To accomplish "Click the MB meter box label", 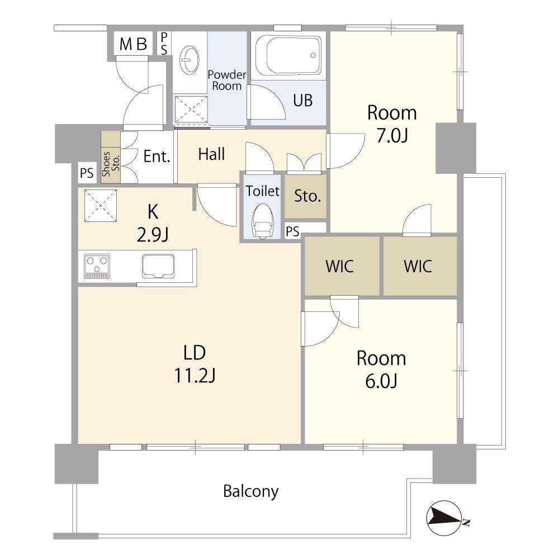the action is point(134,44).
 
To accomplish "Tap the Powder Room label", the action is point(227,80).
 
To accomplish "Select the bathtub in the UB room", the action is point(288,55).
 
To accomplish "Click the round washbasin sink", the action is point(190,60).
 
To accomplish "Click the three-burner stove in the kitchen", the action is point(97,266).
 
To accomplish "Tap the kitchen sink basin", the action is point(158,266).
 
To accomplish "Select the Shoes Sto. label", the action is point(111,164).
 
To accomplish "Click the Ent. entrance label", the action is point(157,157).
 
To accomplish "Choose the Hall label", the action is point(211,154).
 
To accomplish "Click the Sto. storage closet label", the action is point(307,196).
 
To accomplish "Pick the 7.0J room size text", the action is point(392,136).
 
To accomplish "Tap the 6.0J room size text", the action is point(381,381).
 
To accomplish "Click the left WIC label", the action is point(339,266).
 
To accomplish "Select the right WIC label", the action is point(418,266).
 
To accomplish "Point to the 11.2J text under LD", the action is point(195,376).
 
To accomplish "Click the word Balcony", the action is point(251,491).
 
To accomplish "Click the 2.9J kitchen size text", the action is point(153,235).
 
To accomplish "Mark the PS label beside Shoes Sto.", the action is point(87,173).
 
